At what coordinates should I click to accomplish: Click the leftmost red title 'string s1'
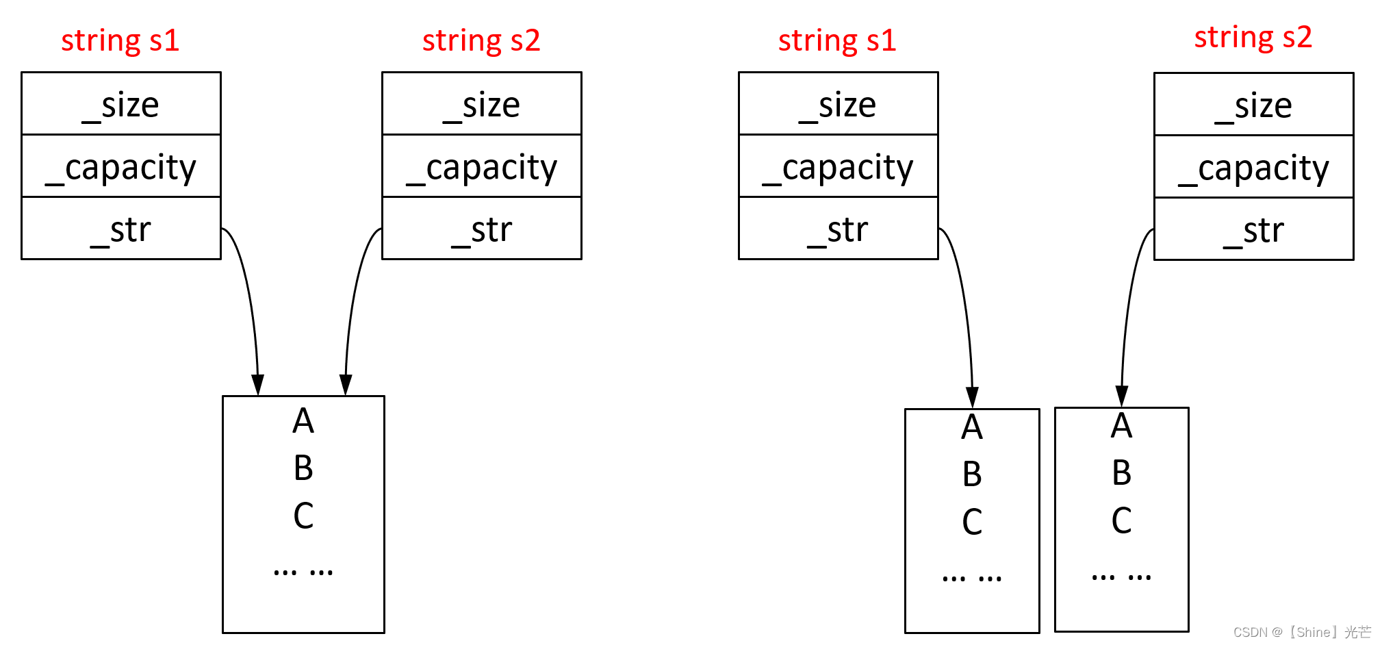(120, 40)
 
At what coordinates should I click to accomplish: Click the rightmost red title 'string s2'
(1253, 38)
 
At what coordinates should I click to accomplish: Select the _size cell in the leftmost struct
(121, 104)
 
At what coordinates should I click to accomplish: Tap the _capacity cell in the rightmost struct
(1253, 168)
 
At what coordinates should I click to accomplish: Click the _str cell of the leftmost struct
(121, 229)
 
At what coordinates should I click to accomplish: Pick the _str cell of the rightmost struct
(1253, 230)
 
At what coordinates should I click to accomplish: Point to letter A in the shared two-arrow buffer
(303, 420)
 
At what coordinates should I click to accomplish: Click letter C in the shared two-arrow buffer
(303, 516)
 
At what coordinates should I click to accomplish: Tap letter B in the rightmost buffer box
(1121, 472)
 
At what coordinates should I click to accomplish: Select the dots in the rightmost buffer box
(1121, 577)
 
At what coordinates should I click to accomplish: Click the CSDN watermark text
(1301, 632)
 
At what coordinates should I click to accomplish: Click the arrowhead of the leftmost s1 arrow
(257, 385)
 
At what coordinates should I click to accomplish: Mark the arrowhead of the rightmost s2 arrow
(1121, 395)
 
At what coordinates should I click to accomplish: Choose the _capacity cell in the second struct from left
(482, 167)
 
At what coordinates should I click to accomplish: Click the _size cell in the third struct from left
(838, 104)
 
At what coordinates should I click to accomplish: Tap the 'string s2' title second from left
(481, 40)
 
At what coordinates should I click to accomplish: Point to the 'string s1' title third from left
(837, 40)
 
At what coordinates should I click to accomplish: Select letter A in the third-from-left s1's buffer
(972, 427)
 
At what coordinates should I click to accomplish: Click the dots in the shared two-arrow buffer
(303, 570)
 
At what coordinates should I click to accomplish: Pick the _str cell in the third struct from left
(838, 229)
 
